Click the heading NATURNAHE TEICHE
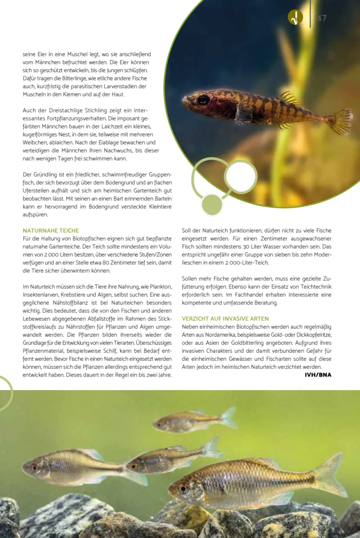(51, 230)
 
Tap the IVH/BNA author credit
(318, 374)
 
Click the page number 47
(322, 18)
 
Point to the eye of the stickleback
(203, 99)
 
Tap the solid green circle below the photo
(212, 205)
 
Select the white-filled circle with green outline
(241, 177)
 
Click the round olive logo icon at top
(295, 18)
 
